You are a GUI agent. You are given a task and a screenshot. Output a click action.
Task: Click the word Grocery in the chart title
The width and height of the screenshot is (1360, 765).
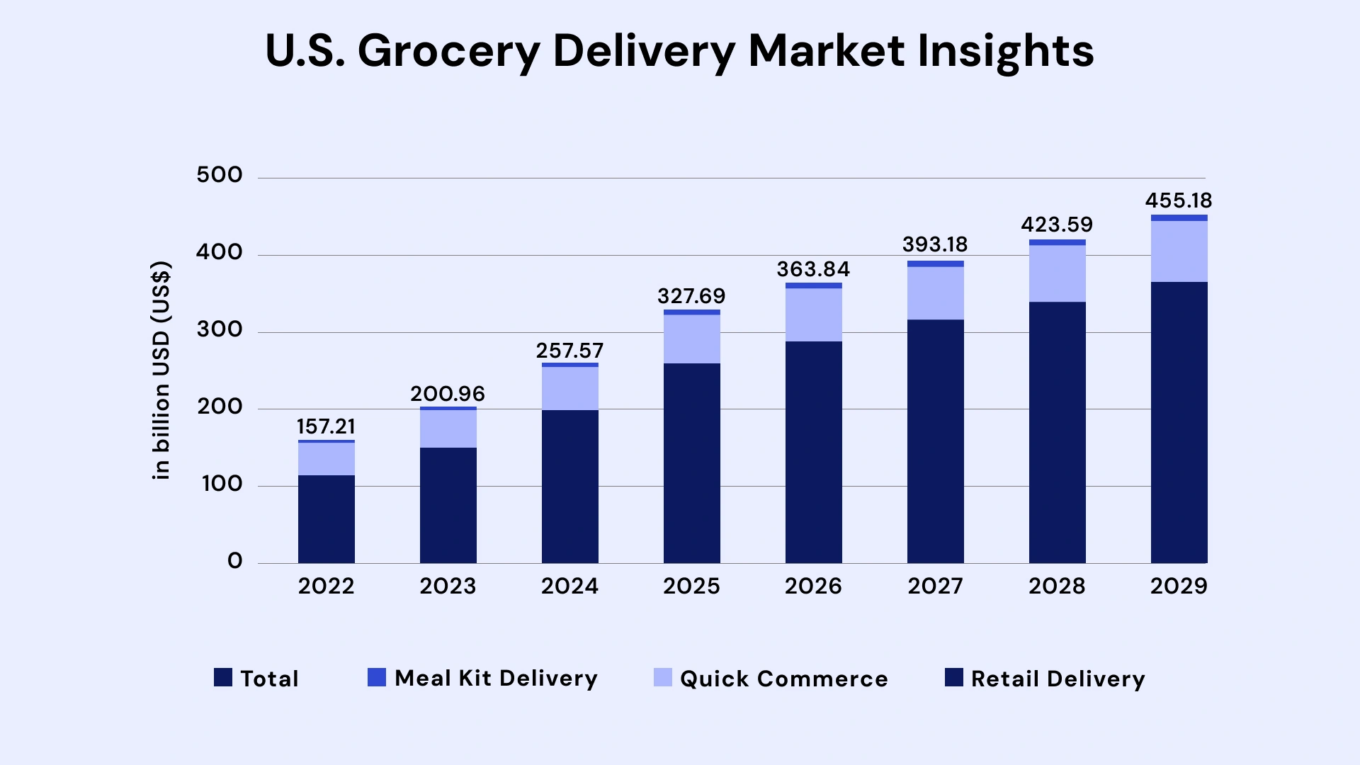[x=448, y=52]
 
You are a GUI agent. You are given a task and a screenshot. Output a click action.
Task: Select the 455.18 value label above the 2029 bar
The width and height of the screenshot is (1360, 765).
[x=1179, y=200]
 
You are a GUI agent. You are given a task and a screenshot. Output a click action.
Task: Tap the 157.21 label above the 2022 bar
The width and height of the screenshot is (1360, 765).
[x=326, y=426]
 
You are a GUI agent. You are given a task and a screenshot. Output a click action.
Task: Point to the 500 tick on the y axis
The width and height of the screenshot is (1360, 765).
[x=220, y=175]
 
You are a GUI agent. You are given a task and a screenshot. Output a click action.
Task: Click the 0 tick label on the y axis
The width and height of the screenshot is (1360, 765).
[x=234, y=561]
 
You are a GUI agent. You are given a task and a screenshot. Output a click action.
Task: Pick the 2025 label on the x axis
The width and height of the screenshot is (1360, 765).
[x=691, y=586]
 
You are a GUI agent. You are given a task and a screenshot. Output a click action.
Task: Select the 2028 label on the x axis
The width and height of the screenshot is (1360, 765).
[x=1057, y=586]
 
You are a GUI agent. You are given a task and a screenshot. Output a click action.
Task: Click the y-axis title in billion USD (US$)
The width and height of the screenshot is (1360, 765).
[x=161, y=370]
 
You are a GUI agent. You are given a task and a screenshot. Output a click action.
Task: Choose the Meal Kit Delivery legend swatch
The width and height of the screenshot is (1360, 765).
[x=377, y=678]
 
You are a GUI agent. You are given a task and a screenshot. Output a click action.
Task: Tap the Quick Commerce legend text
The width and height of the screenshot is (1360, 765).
[x=783, y=679]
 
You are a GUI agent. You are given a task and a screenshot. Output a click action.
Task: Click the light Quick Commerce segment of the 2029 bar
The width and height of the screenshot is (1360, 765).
[x=1179, y=251]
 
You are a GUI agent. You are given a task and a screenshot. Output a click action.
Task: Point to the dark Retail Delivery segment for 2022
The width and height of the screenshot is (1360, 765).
[x=326, y=518]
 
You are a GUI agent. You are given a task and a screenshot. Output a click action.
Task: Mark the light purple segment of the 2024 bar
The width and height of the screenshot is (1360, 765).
[x=569, y=388]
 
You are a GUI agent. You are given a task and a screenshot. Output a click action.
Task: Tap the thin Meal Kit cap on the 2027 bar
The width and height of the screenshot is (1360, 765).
[x=935, y=263]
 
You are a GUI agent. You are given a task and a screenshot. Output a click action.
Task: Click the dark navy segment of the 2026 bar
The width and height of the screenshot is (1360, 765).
[x=813, y=452]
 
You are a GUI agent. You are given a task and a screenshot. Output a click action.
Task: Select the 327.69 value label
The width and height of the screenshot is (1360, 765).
[x=691, y=296]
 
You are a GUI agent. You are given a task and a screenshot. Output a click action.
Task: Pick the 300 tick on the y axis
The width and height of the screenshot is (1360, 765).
[x=220, y=329]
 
